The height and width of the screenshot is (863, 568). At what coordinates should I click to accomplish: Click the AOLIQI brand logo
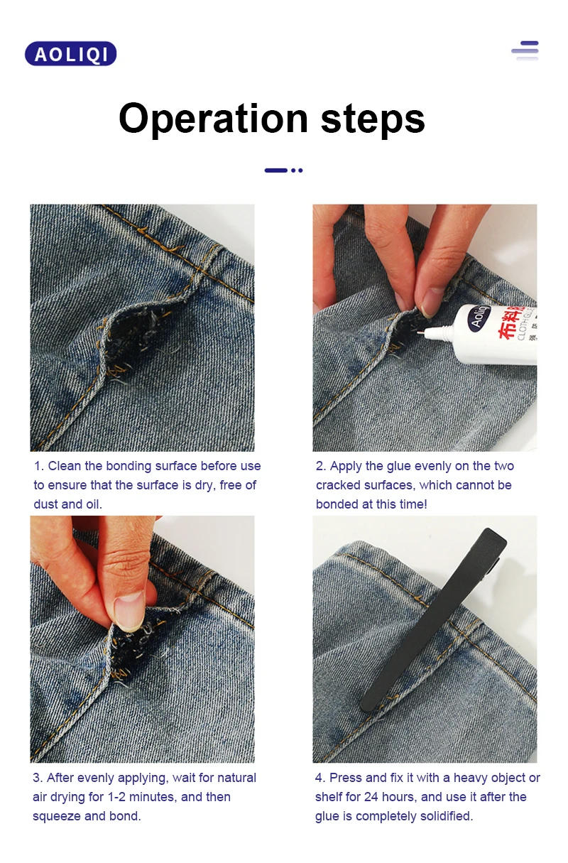pos(70,54)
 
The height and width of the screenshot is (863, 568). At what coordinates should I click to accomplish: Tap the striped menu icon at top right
pos(525,50)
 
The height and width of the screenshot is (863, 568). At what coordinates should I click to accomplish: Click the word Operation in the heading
pos(214,119)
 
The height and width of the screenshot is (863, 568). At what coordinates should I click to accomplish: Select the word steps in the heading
pos(373,119)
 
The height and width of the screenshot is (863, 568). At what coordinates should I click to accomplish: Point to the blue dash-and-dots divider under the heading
pos(283,170)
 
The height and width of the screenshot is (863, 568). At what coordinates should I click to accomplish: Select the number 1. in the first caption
pos(39,467)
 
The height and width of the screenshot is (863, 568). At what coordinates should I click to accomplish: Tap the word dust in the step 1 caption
pos(46,505)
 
